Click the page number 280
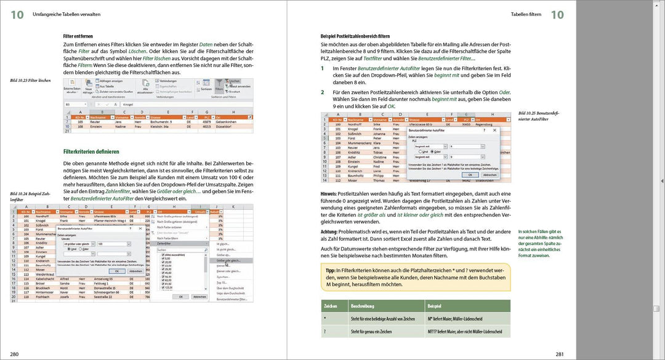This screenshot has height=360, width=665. [x=14, y=353]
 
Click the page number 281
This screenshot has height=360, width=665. [x=559, y=353]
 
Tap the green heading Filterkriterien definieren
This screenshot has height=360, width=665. [x=91, y=151]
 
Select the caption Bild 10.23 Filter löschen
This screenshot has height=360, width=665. [x=30, y=81]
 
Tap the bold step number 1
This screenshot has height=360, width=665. [x=323, y=68]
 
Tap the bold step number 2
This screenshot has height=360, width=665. [x=323, y=92]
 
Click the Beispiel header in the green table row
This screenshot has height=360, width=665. [x=434, y=305]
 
